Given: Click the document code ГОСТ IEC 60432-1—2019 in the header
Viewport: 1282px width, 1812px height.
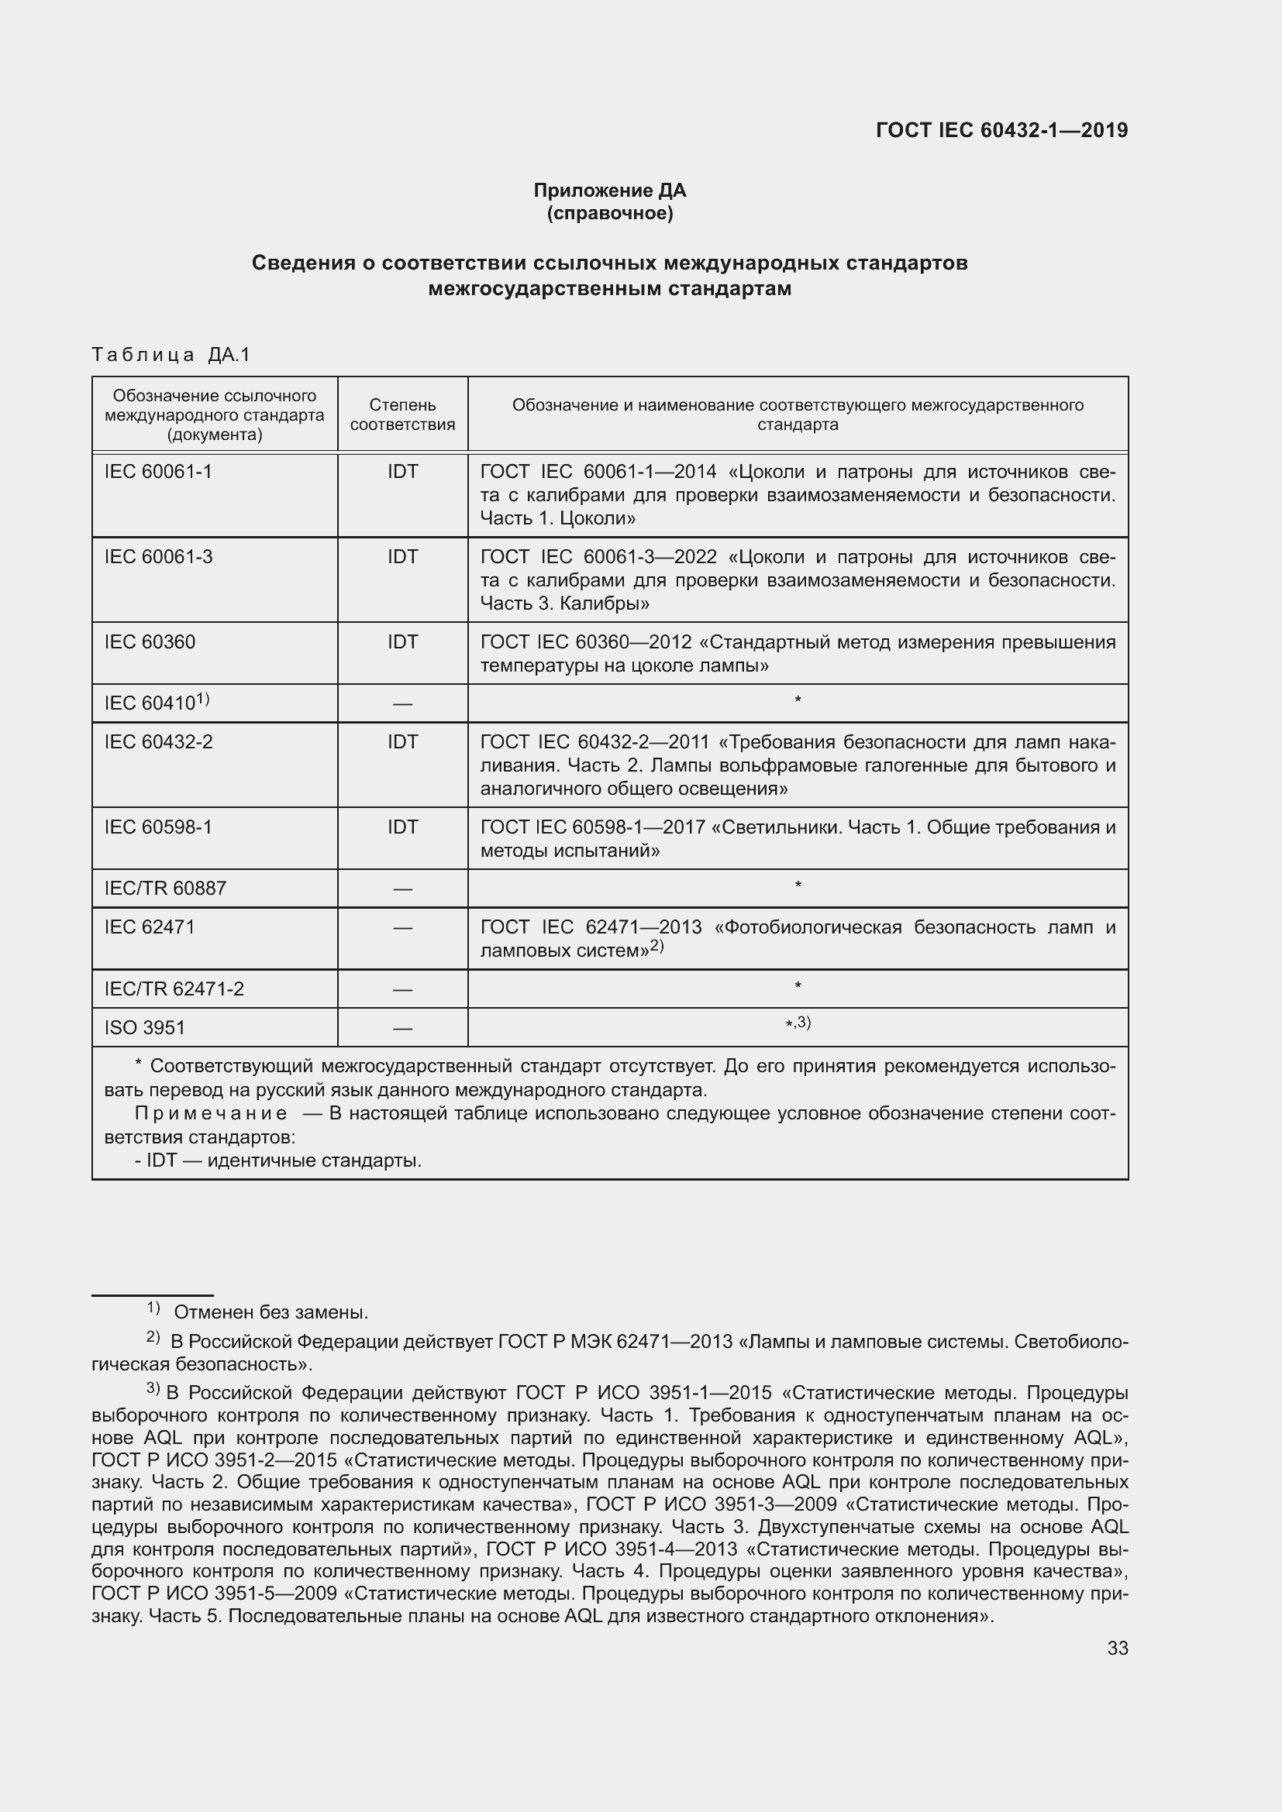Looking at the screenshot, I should [1001, 130].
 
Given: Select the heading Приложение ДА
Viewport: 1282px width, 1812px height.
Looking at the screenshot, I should [609, 191].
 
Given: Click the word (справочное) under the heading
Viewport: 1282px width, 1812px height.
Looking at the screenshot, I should [609, 213].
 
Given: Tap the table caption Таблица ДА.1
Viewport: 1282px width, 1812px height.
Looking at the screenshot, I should [171, 355].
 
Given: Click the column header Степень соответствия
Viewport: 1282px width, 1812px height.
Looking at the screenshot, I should [402, 414].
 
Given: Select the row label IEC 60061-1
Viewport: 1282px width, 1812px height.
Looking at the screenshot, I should [158, 472].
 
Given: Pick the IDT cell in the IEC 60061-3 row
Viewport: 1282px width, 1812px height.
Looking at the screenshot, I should [402, 557].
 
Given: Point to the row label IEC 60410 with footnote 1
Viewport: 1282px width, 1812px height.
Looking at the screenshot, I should [157, 703].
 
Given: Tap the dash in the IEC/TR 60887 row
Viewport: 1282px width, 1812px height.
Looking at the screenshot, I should [402, 889].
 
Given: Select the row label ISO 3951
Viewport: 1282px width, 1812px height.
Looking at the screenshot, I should [144, 1027].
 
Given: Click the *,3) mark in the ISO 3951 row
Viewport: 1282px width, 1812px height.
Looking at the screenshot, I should [798, 1023].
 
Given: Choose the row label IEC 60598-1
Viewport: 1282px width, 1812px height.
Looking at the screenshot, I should [158, 827].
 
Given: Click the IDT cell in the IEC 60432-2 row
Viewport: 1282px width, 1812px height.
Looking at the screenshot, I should [402, 742].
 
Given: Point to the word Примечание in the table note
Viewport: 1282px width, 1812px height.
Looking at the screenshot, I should [211, 1113].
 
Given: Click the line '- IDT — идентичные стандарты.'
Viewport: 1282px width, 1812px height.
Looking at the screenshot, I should [278, 1160].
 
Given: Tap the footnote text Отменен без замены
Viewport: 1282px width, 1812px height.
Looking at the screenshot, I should [271, 1312].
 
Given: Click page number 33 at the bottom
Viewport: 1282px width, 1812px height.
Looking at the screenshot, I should [1117, 1648].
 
